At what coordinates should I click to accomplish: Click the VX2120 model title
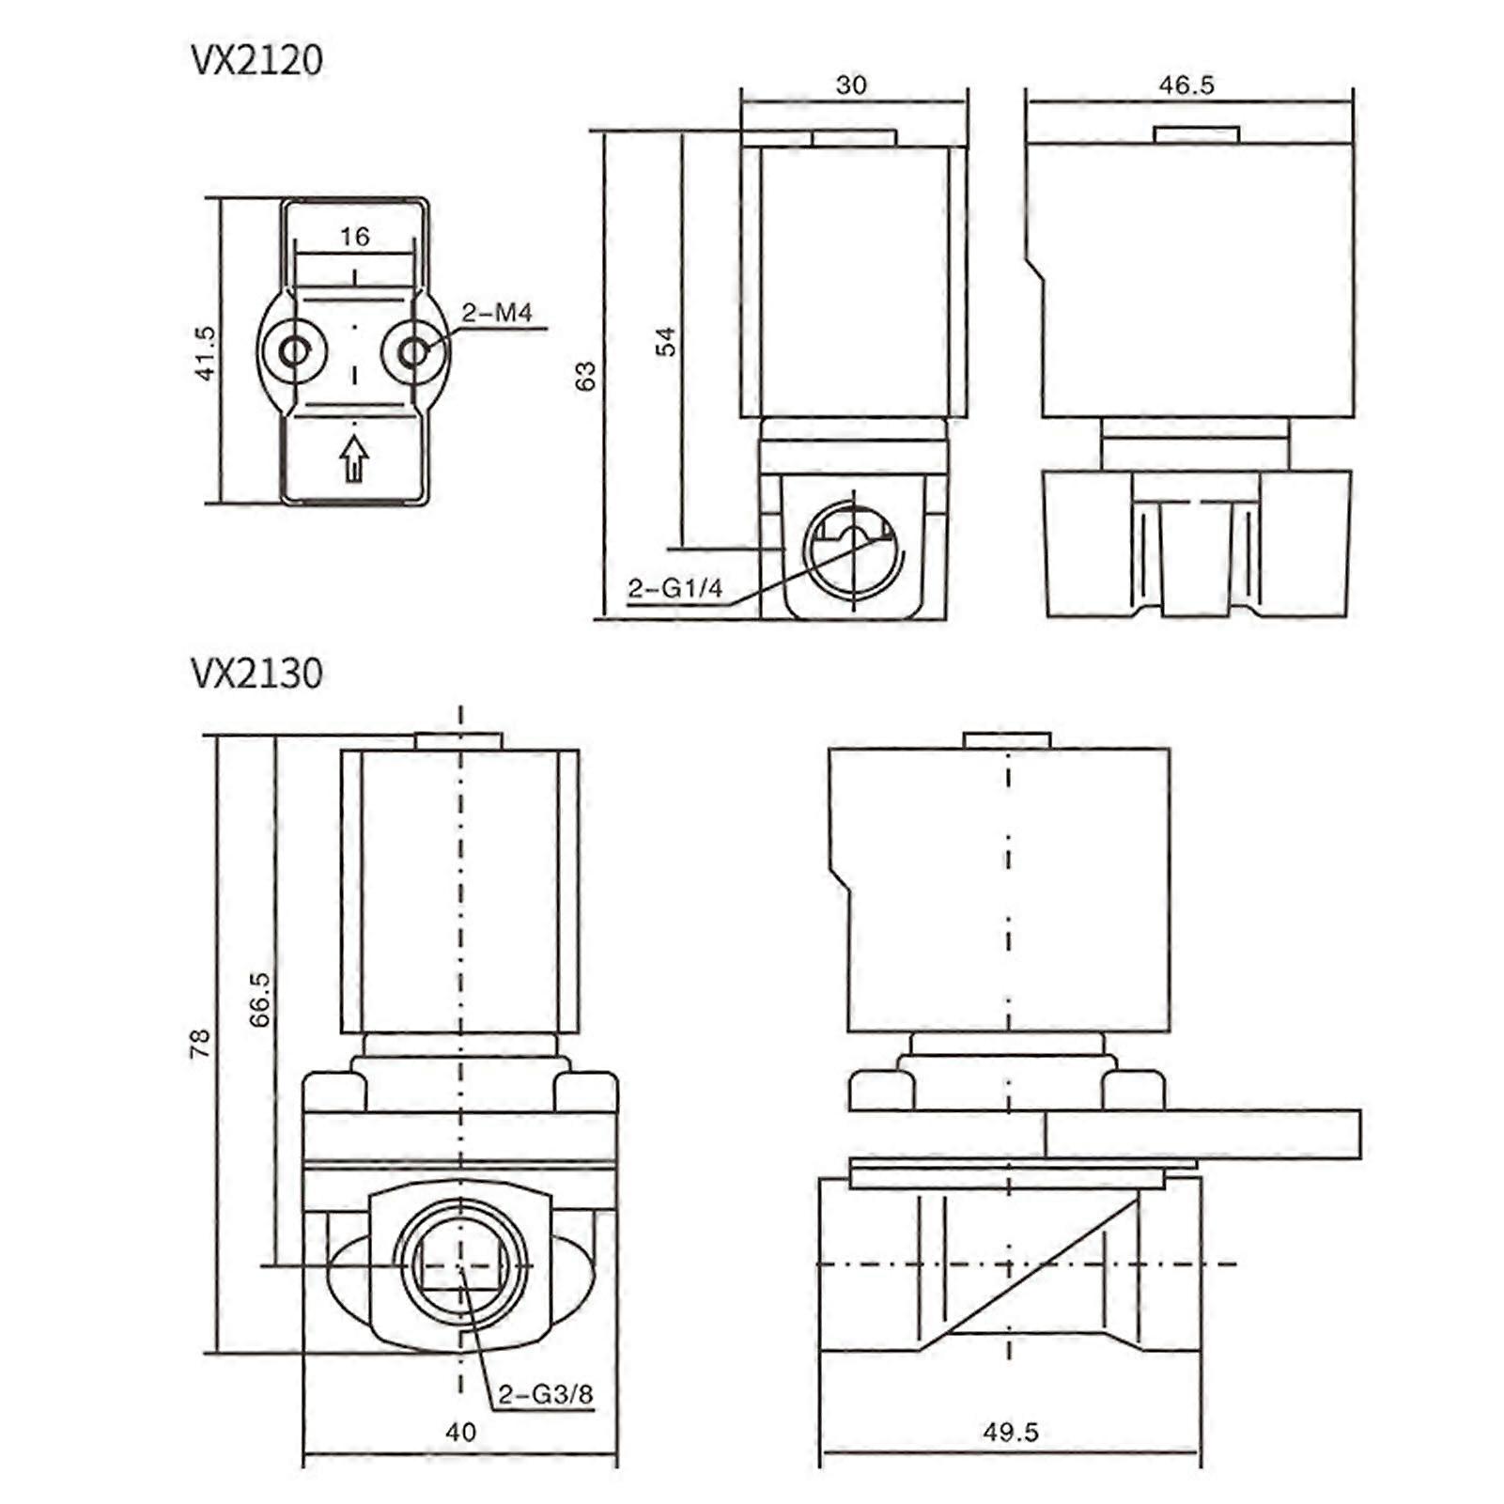pyautogui.click(x=256, y=60)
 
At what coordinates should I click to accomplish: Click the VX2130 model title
pyautogui.click(x=256, y=674)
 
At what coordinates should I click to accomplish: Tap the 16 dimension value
pyautogui.click(x=354, y=237)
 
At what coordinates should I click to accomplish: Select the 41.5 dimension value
pyautogui.click(x=205, y=352)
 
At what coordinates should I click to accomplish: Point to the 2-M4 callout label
pyautogui.click(x=496, y=313)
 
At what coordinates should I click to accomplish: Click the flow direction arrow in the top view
pyautogui.click(x=354, y=458)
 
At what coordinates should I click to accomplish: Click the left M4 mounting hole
pyautogui.click(x=295, y=352)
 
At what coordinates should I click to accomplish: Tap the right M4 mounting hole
pyautogui.click(x=413, y=352)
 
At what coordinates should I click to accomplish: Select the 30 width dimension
pyautogui.click(x=851, y=85)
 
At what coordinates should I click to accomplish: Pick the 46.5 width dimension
pyautogui.click(x=1186, y=85)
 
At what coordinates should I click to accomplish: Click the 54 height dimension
pyautogui.click(x=665, y=341)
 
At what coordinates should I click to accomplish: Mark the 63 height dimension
pyautogui.click(x=585, y=376)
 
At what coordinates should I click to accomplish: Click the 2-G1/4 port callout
pyautogui.click(x=675, y=589)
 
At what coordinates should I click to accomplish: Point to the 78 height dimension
pyautogui.click(x=200, y=1044)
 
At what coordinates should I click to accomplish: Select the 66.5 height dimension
pyautogui.click(x=260, y=999)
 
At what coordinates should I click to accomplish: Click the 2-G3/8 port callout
pyautogui.click(x=545, y=1394)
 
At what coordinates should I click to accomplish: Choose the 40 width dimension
pyautogui.click(x=460, y=1432)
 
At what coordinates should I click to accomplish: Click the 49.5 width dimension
pyautogui.click(x=1011, y=1432)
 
